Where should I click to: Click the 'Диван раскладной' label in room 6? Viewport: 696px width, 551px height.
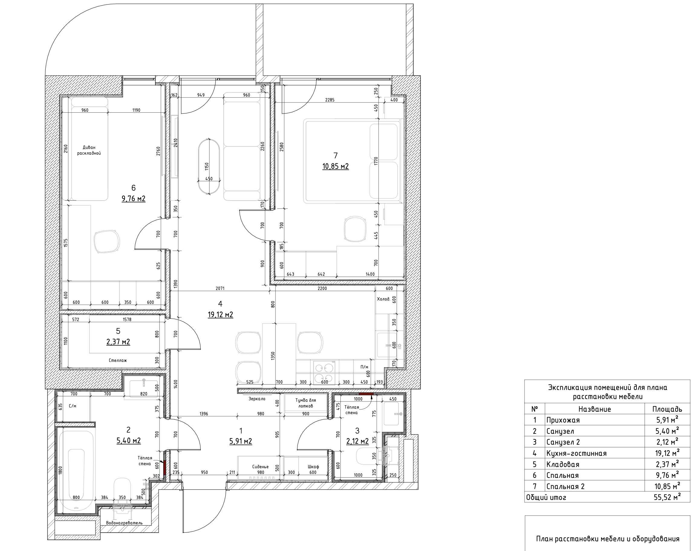pyautogui.click(x=89, y=150)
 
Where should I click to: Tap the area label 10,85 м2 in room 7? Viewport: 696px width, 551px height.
pyautogui.click(x=335, y=166)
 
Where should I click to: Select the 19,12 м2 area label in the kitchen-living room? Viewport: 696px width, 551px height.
pyautogui.click(x=220, y=314)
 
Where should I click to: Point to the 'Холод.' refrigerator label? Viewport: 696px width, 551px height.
pyautogui.click(x=383, y=299)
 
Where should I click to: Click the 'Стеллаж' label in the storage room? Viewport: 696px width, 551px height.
pyautogui.click(x=118, y=360)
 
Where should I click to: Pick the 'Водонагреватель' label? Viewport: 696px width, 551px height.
pyautogui.click(x=124, y=523)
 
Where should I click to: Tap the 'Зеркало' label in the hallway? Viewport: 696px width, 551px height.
pyautogui.click(x=257, y=399)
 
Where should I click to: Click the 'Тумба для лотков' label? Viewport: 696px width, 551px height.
pyautogui.click(x=305, y=403)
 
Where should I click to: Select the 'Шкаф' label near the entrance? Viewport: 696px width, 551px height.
pyautogui.click(x=314, y=466)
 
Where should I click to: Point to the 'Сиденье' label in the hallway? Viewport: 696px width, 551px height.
pyautogui.click(x=261, y=466)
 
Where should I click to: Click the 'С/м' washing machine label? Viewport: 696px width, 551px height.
pyautogui.click(x=73, y=406)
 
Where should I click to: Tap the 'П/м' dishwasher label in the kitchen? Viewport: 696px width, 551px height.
pyautogui.click(x=364, y=367)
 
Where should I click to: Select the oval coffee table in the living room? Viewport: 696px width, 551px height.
pyautogui.click(x=209, y=166)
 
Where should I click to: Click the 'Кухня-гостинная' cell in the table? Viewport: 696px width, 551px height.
pyautogui.click(x=577, y=453)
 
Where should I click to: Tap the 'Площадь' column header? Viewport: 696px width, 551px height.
pyautogui.click(x=667, y=409)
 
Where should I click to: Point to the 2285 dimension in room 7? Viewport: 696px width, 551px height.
pyautogui.click(x=330, y=100)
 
